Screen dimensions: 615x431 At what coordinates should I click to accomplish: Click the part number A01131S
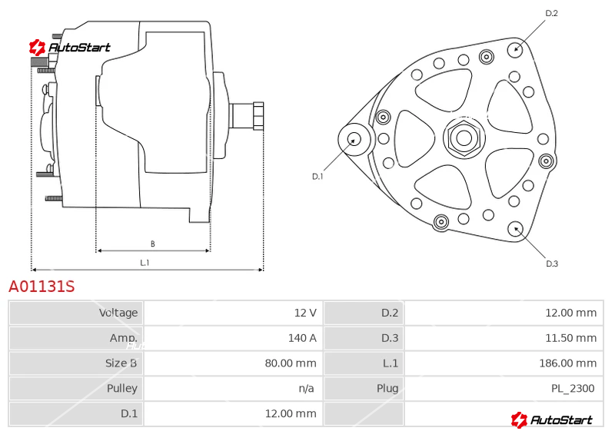click(x=42, y=287)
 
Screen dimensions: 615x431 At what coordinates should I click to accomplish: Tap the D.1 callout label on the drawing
click(x=317, y=177)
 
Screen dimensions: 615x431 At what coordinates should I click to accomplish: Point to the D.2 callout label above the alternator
click(x=551, y=13)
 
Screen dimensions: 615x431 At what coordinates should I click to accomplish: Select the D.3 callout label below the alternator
click(x=552, y=264)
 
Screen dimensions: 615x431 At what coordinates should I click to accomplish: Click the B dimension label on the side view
click(x=152, y=244)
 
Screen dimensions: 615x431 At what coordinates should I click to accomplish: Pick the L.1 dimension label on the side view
click(x=145, y=263)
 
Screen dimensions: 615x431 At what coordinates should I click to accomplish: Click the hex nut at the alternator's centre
click(x=464, y=138)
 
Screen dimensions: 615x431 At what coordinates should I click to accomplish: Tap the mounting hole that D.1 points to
click(x=354, y=139)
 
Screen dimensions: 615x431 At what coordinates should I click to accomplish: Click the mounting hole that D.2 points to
click(x=516, y=49)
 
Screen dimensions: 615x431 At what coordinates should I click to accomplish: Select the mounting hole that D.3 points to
click(x=515, y=229)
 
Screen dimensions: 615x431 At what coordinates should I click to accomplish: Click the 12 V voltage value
click(x=305, y=313)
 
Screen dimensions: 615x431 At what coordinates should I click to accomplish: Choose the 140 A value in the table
click(x=302, y=338)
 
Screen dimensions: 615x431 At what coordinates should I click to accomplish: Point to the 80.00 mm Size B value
click(x=291, y=363)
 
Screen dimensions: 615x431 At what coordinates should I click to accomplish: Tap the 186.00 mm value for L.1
click(x=568, y=363)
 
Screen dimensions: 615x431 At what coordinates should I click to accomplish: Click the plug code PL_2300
click(x=573, y=388)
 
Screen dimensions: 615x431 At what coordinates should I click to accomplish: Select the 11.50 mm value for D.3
click(x=571, y=338)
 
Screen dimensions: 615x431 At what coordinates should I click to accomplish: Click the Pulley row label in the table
click(x=122, y=388)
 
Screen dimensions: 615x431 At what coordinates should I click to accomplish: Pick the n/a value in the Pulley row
click(x=306, y=388)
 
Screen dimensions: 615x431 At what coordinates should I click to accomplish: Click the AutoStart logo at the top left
click(x=69, y=48)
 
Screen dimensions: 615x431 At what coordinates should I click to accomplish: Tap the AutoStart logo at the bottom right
click(x=551, y=419)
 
